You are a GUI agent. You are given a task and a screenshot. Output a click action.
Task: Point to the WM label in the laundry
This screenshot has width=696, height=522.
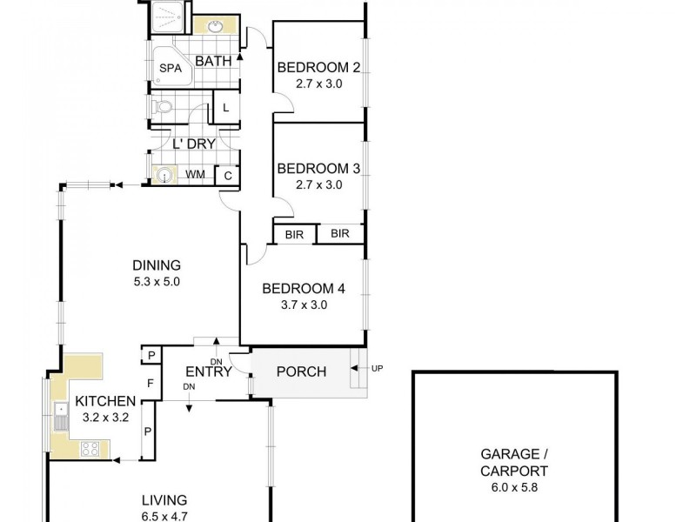pos(195,175)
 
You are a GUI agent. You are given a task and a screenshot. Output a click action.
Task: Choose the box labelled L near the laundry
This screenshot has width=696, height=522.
pos(226,108)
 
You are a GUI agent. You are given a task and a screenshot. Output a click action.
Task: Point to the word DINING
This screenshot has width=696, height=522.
pos(157,265)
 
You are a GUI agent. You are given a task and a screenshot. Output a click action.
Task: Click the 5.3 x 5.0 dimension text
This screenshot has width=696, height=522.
pos(157,281)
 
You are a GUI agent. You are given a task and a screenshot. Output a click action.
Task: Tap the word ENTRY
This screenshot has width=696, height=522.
pos(208,372)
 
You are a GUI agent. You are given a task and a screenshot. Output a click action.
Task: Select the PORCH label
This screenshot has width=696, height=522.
pos(301,372)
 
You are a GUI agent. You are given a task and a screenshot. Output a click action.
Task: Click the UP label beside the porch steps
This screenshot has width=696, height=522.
pos(377,369)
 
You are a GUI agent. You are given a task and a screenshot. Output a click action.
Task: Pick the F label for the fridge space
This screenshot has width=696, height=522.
pos(150,383)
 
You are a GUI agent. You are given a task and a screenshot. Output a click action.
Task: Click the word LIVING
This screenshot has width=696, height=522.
pos(164,500)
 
